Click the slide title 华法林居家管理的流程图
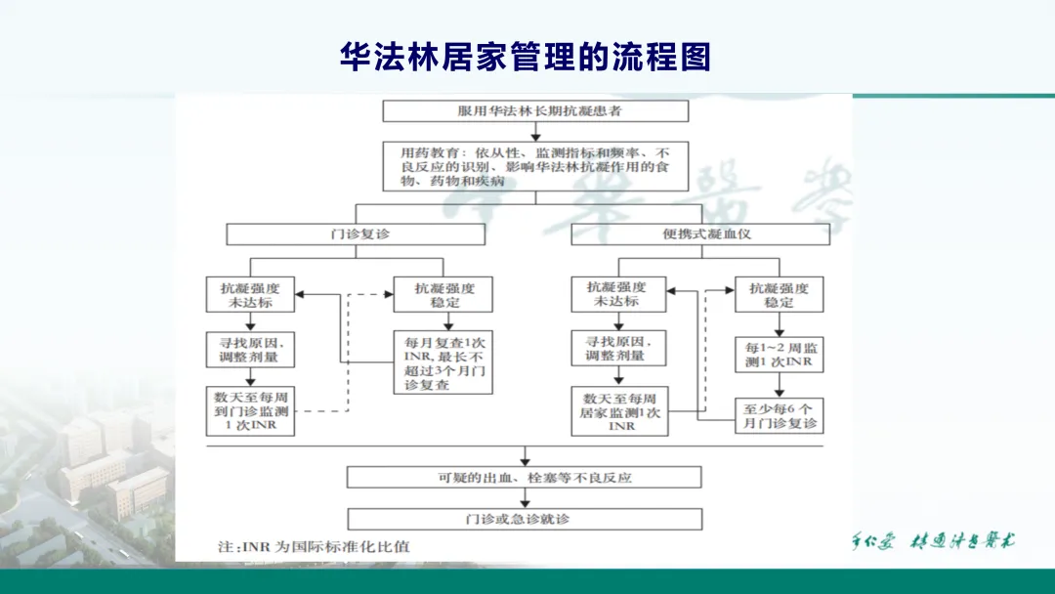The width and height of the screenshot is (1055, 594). [525, 57]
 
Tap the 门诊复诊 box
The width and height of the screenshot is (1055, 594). [356, 234]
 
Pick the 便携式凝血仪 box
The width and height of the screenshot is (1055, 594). [699, 234]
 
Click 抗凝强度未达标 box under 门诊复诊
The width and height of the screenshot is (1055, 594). [251, 294]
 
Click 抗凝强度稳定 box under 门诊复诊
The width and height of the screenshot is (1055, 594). [443, 294]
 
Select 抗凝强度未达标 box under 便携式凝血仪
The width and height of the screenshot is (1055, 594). [617, 294]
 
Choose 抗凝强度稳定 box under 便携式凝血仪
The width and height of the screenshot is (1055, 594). [779, 294]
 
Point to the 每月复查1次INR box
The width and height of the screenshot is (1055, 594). [443, 363]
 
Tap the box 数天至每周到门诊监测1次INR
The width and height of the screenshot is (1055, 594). [251, 411]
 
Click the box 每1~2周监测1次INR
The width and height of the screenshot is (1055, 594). [779, 356]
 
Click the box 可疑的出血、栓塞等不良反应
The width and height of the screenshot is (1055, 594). [526, 477]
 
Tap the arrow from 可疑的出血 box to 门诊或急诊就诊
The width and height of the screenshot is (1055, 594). [526, 498]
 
